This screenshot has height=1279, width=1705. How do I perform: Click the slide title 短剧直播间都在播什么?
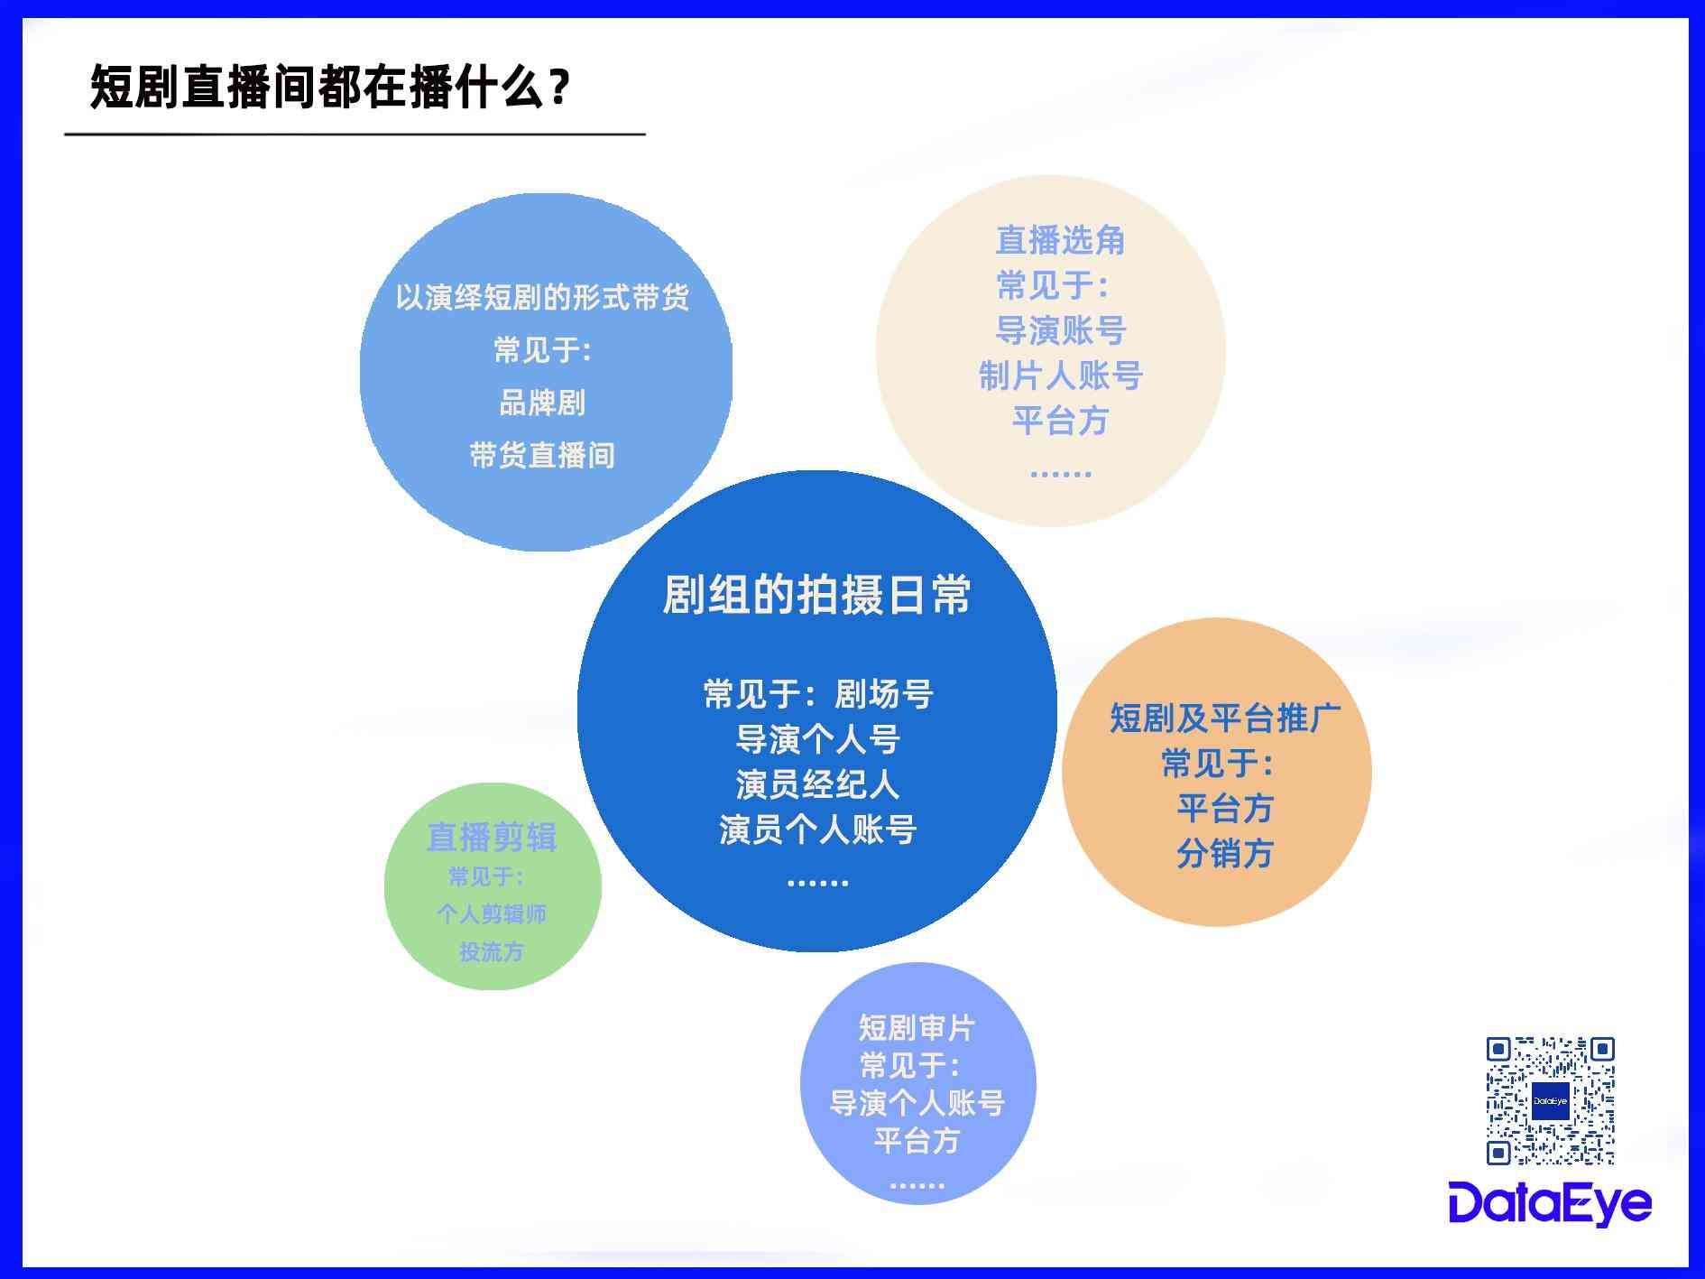(x=330, y=88)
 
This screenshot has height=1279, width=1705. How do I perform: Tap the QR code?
(x=1550, y=1100)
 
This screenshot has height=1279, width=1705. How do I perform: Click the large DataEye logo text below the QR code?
(x=1550, y=1203)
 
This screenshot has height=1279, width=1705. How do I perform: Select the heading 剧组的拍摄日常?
(x=816, y=595)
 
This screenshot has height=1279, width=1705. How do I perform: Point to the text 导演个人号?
(x=817, y=740)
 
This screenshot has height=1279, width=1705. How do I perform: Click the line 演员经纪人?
(x=817, y=784)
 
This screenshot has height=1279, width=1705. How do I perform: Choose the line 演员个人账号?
(x=817, y=829)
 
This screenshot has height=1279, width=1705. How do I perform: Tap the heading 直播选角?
(x=1060, y=240)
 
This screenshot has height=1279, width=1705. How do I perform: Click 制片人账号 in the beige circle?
(x=1060, y=375)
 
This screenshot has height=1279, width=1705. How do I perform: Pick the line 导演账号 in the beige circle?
(x=1060, y=330)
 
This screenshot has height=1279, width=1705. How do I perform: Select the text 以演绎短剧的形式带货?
(x=542, y=297)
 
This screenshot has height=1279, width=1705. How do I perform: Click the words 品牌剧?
(x=542, y=403)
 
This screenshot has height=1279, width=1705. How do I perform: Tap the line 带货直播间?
(x=542, y=455)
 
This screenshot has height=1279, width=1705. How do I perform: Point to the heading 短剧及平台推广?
(x=1225, y=718)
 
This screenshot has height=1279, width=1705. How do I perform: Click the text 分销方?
(x=1225, y=853)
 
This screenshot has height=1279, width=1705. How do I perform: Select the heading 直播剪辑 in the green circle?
(x=492, y=837)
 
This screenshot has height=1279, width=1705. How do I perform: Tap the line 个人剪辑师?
(x=492, y=914)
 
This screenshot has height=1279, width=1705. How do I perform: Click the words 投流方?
(x=492, y=952)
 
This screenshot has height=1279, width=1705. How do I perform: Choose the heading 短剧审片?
(x=917, y=1027)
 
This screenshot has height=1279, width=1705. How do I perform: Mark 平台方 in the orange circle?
(x=1225, y=808)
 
